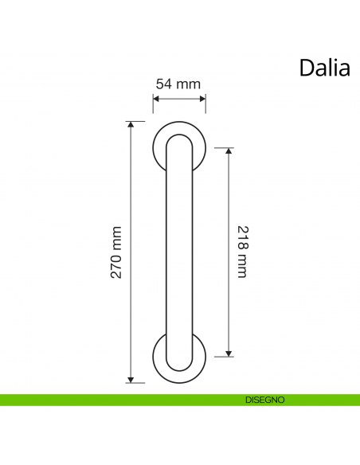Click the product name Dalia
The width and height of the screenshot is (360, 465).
(324, 68)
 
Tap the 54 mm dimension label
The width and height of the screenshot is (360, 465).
(178, 84)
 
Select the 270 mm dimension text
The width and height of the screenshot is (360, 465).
(116, 252)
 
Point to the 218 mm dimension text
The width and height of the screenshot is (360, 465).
(243, 251)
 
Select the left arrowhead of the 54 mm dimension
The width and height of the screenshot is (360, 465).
(155, 99)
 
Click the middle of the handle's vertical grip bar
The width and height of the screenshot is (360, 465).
(178, 252)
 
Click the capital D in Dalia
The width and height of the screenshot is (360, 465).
(307, 68)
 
